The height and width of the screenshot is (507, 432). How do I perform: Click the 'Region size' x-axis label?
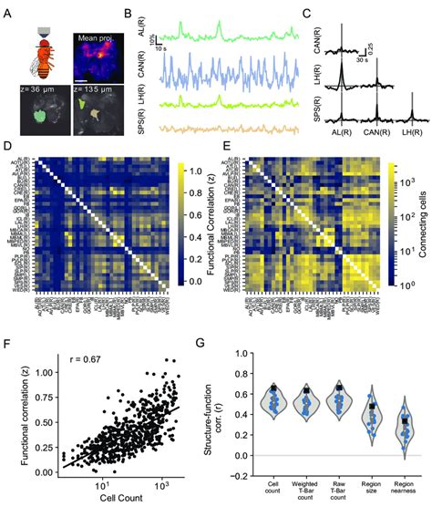point(372,481)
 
